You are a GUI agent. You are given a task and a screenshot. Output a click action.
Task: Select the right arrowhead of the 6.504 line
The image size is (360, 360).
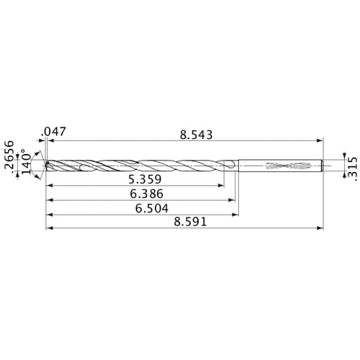237,215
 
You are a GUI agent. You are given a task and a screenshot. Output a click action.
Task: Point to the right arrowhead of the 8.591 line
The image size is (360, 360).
321,230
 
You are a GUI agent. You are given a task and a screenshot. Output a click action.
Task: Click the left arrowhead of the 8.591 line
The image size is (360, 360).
48,230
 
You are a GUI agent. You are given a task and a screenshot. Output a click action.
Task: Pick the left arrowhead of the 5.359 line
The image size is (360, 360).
48,186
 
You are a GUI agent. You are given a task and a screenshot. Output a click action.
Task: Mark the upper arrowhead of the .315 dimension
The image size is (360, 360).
343,158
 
